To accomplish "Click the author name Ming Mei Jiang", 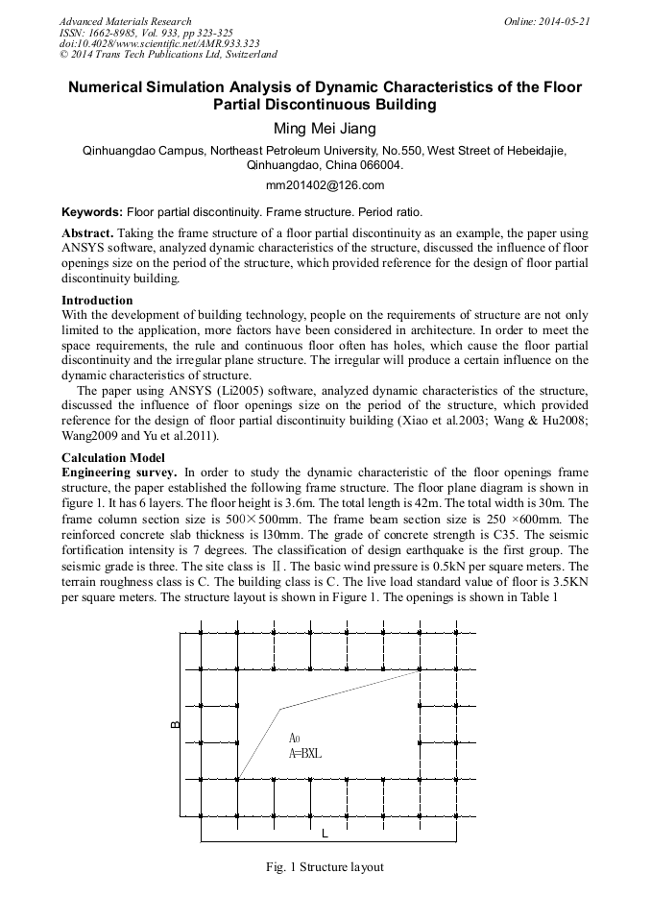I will [325, 129].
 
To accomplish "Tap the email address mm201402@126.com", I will [325, 185].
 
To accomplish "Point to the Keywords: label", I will [92, 211].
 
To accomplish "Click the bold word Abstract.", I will [87, 234].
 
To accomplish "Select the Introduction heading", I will [97, 301].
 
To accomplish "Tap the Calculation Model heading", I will [113, 458].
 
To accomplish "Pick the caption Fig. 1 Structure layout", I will [325, 867].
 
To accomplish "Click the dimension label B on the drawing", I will [175, 724].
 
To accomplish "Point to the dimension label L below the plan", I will [325, 832].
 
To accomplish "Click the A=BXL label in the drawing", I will [305, 754].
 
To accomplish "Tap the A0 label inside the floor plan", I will [296, 739].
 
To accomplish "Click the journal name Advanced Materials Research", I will [126, 21].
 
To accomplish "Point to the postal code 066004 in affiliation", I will [381, 164].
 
